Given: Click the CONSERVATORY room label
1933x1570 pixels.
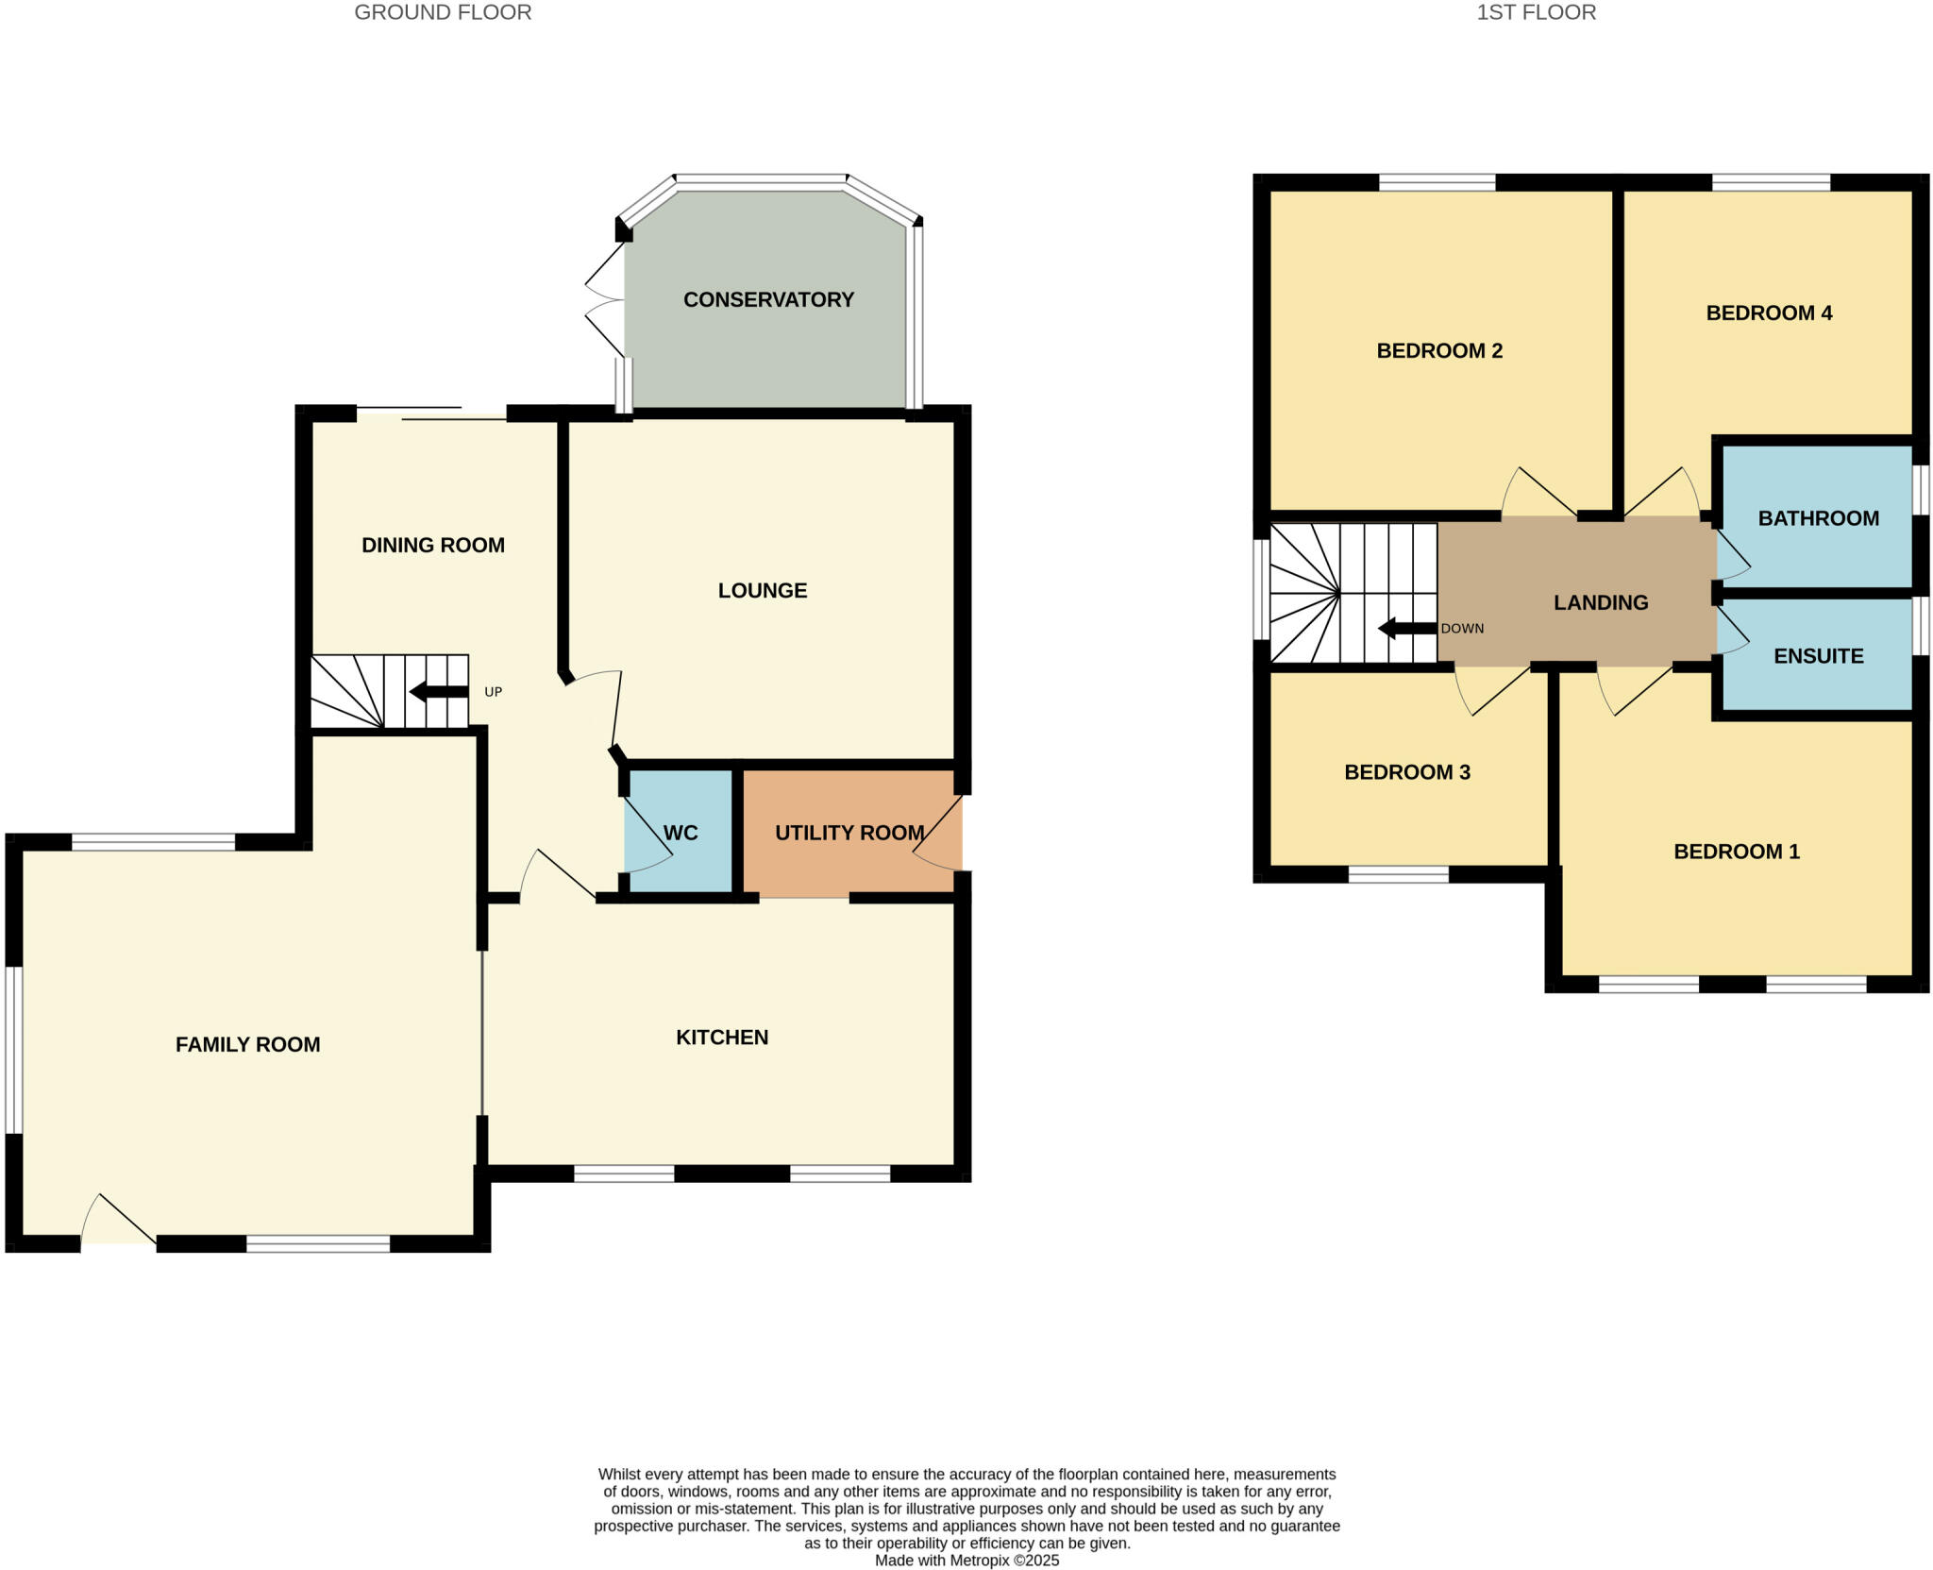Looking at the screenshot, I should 768,299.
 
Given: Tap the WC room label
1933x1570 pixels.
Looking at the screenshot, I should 681,833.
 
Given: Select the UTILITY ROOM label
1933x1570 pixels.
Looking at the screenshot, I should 849,833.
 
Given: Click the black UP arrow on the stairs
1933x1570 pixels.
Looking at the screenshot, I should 439,692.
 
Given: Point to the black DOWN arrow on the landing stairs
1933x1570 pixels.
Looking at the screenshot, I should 1407,628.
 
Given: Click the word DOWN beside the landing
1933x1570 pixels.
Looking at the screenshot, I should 1462,629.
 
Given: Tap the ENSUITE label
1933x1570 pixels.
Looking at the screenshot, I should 1818,656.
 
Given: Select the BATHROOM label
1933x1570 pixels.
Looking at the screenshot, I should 1818,518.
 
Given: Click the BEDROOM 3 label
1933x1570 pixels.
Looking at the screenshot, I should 1406,772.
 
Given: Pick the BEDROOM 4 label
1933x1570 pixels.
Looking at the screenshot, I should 1769,313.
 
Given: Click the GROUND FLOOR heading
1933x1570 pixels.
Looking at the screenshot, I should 443,12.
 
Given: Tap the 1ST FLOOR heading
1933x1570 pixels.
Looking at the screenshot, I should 1536,12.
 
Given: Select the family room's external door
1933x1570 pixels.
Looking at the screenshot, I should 118,1225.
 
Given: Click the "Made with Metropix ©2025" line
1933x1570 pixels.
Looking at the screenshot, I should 966,1561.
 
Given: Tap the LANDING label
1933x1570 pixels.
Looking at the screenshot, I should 1601,602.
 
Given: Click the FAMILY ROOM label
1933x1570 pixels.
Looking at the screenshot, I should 247,1044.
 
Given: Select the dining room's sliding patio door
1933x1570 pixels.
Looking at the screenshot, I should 431,414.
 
